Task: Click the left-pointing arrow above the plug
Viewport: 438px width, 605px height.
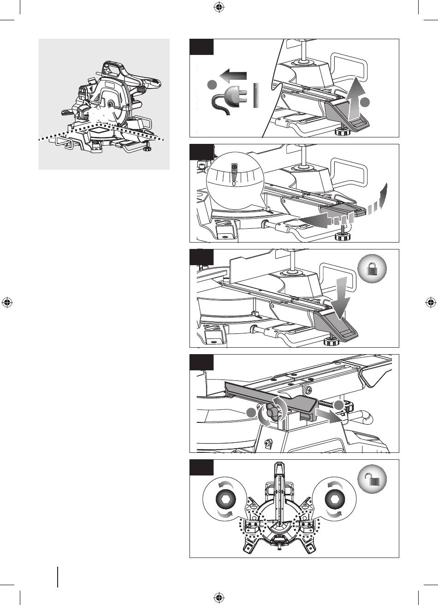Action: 233,75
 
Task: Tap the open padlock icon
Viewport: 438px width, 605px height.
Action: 372,479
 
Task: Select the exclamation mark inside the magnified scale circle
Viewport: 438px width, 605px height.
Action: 235,174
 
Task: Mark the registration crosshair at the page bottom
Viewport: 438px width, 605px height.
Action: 219,598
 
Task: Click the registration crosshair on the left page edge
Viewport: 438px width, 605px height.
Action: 7,302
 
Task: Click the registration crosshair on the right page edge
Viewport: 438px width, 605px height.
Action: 431,302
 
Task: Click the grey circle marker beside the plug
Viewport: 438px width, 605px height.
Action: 212,84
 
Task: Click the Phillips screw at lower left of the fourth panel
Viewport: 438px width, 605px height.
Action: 268,443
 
